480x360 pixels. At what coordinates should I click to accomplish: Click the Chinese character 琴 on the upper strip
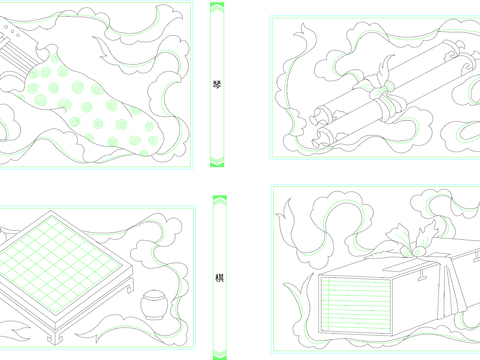[217, 85]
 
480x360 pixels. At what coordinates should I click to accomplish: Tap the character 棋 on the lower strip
[219, 277]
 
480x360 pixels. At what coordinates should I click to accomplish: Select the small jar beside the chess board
[153, 304]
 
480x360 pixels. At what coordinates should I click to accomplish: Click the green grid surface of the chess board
[60, 263]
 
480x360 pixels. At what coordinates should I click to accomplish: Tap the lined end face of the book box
[355, 304]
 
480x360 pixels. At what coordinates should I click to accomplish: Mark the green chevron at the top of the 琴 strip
[217, 8]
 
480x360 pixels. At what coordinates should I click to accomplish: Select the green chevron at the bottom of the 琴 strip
[217, 161]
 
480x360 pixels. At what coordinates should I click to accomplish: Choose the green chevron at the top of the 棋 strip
[220, 200]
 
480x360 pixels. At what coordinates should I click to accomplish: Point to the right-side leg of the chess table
[130, 284]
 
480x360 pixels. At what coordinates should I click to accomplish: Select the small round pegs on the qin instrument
[12, 31]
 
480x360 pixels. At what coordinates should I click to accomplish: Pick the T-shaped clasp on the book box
[423, 274]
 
